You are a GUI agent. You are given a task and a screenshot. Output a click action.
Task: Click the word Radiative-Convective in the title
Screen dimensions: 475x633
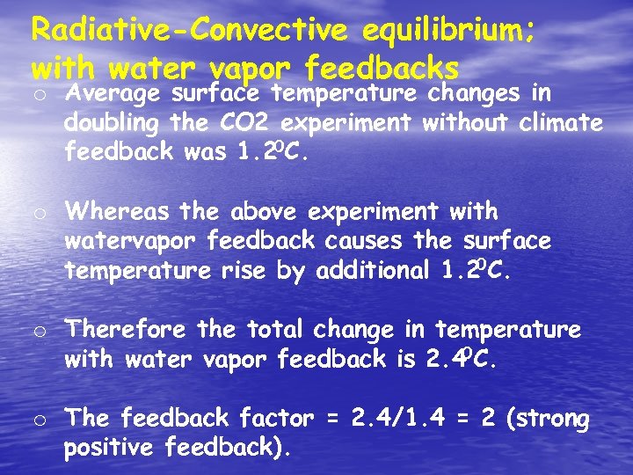189,29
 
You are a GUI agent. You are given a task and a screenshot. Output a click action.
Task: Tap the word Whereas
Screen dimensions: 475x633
120,211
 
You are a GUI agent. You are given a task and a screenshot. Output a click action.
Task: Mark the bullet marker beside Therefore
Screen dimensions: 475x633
39,332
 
